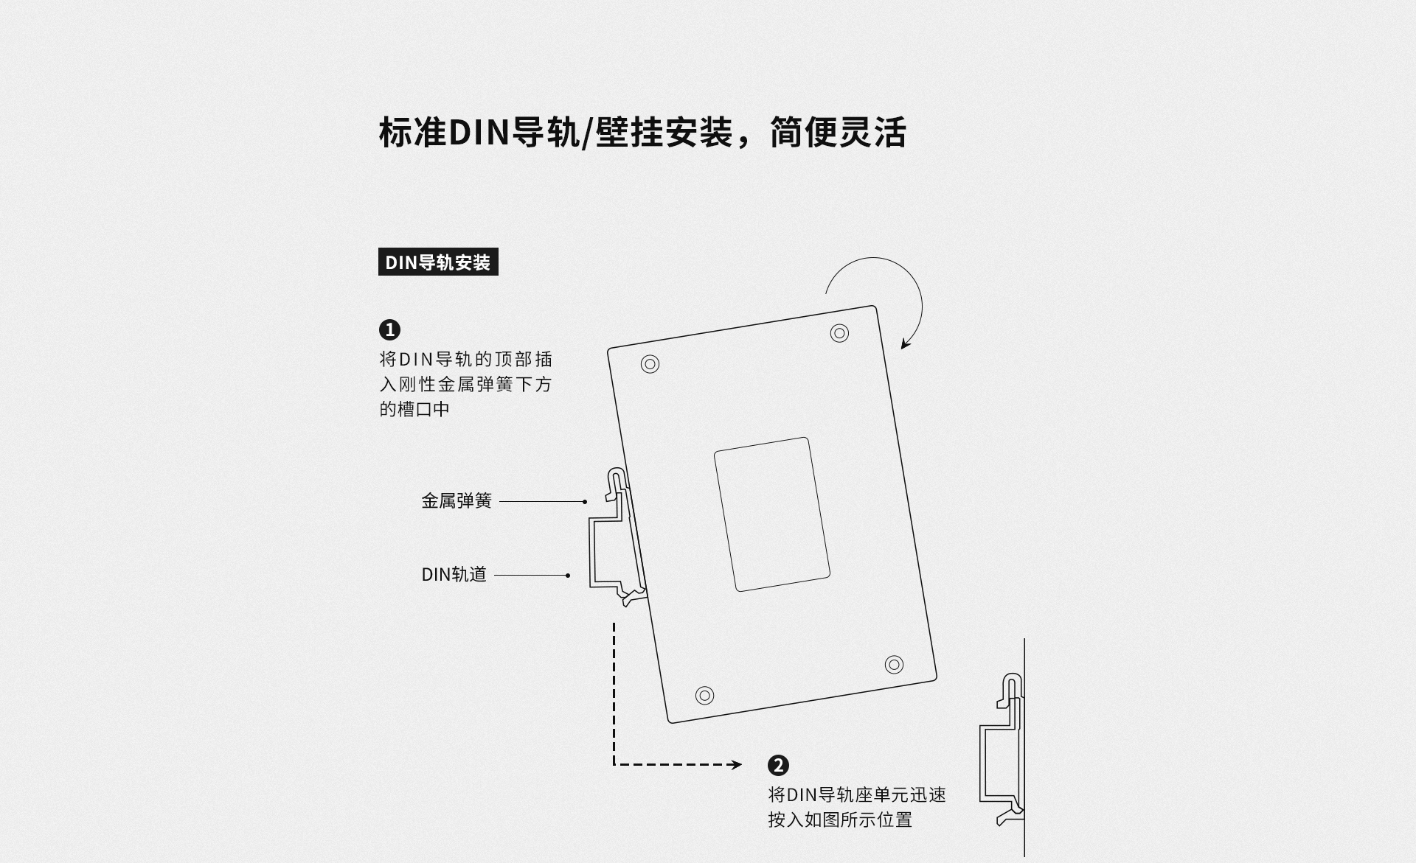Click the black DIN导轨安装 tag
pyautogui.click(x=438, y=262)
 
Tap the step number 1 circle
pyautogui.click(x=389, y=329)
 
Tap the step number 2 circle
pyautogui.click(x=778, y=765)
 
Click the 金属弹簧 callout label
pyautogui.click(x=457, y=501)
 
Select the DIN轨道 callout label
pyautogui.click(x=454, y=575)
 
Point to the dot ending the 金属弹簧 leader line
pyautogui.click(x=585, y=502)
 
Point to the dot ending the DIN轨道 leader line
pyautogui.click(x=568, y=576)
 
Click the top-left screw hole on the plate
pyautogui.click(x=650, y=364)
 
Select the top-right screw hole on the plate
pyautogui.click(x=839, y=333)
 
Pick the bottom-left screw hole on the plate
pyautogui.click(x=705, y=695)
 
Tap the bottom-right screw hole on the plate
pyautogui.click(x=894, y=665)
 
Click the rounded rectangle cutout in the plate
pyautogui.click(x=772, y=514)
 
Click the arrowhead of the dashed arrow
pyautogui.click(x=736, y=765)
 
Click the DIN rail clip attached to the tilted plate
pyautogui.click(x=616, y=538)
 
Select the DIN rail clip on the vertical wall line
pyautogui.click(x=1003, y=752)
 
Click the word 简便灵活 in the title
pyautogui.click(x=838, y=133)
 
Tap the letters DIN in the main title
pyautogui.click(x=479, y=133)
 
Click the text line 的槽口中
pyautogui.click(x=414, y=410)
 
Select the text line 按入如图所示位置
pyautogui.click(x=840, y=820)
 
